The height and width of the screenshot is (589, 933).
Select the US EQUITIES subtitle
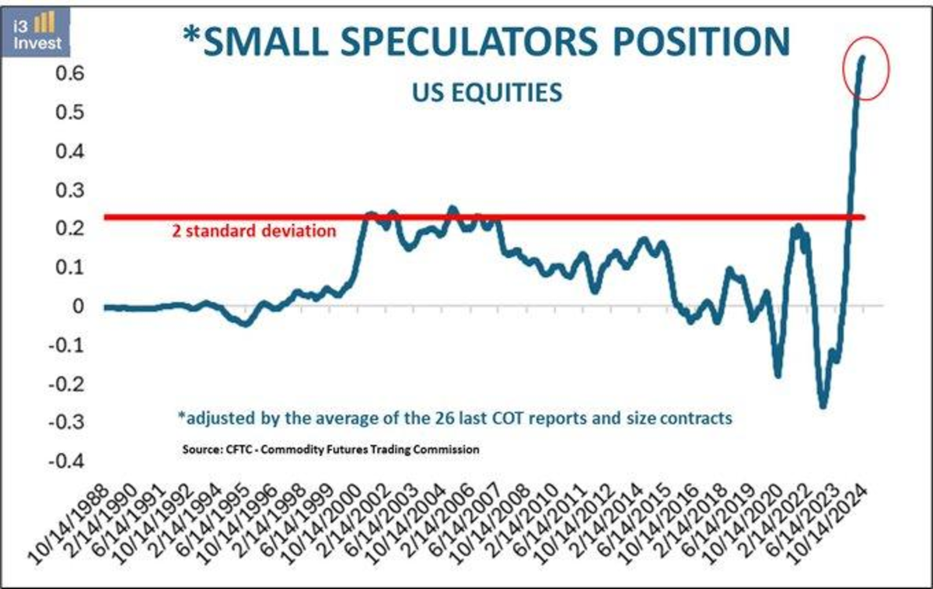(x=486, y=92)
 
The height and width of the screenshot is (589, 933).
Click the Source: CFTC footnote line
(x=330, y=450)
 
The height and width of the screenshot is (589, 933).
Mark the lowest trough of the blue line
(x=823, y=405)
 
